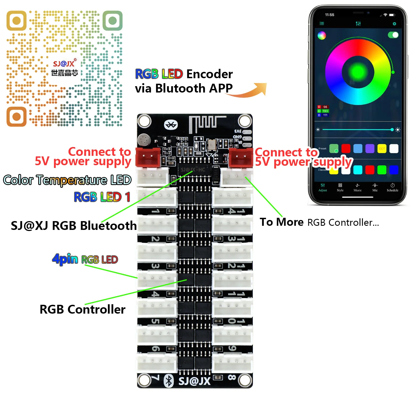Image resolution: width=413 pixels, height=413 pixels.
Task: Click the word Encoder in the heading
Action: pos(210,74)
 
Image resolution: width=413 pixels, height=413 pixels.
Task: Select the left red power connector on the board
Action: pos(148,157)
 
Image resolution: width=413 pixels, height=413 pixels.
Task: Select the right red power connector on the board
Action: pos(240,157)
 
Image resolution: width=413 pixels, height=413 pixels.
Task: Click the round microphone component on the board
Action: pos(143,140)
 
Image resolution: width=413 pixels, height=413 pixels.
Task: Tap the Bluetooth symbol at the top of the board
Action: pos(171,125)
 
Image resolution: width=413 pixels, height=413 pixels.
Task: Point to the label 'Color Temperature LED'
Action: pos(67,180)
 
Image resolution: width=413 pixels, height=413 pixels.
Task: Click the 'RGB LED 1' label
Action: pos(102,197)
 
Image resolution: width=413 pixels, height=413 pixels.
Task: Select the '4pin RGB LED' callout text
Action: pos(85,259)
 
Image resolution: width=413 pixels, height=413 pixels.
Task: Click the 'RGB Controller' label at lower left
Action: pos(82,309)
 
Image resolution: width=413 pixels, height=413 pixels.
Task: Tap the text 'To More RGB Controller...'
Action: pos(319,222)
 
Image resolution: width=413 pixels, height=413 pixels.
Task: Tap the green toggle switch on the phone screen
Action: pos(393,35)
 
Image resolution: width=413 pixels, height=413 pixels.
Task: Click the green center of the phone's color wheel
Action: pos(358,72)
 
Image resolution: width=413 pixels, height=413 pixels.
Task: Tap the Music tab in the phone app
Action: pos(357,187)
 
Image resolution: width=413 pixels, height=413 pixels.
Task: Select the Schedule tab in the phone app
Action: pos(392,187)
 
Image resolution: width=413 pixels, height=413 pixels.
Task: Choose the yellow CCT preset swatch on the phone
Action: pos(382,149)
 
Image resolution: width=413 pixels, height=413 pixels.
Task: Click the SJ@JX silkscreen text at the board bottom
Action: pos(194,381)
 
